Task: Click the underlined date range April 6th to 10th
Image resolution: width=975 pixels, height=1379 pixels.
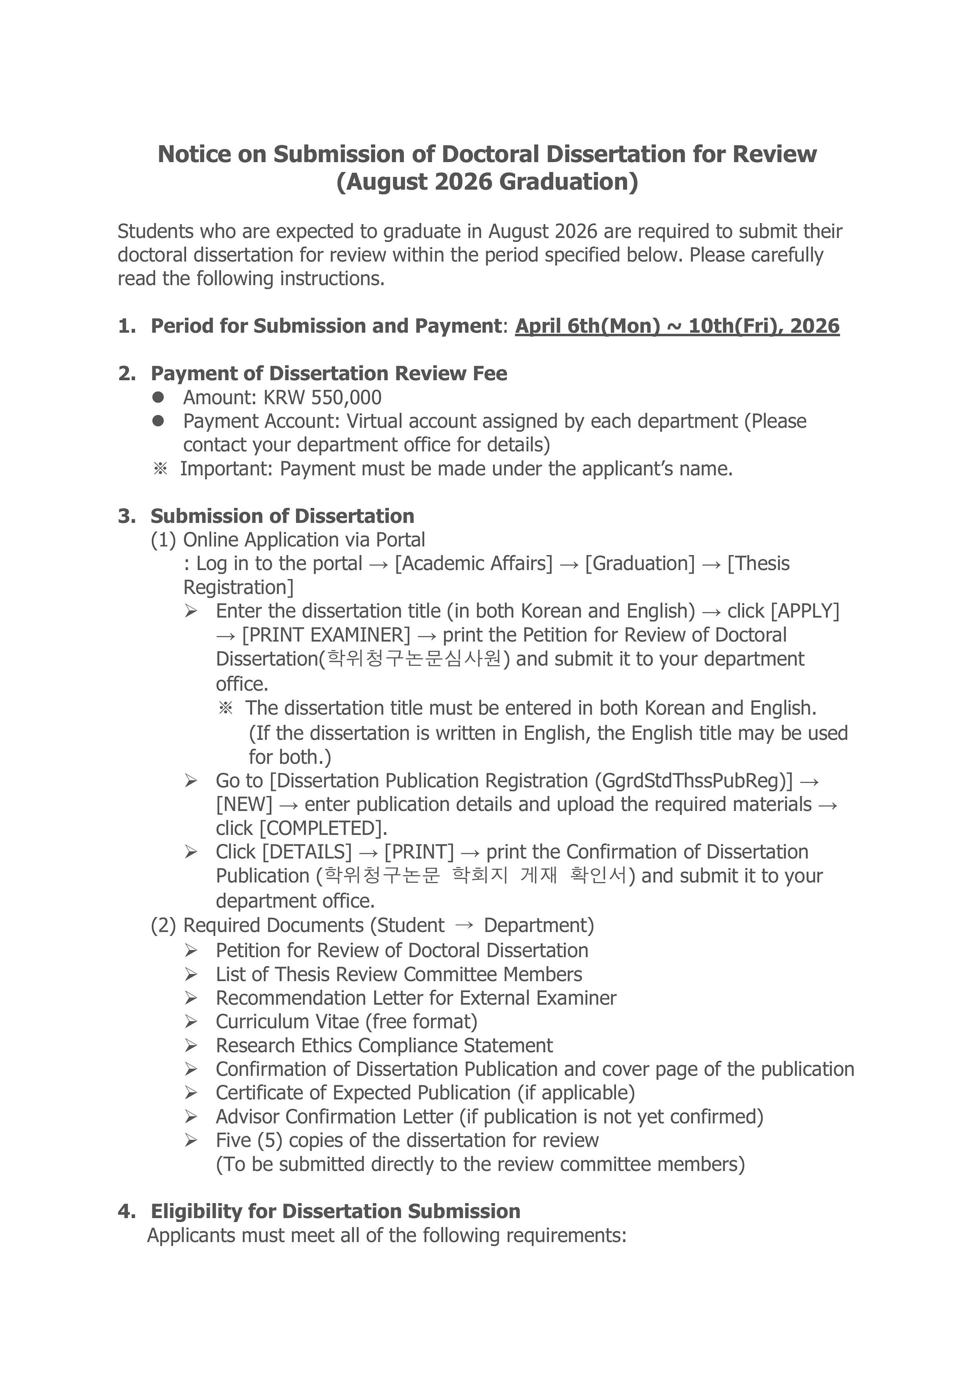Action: point(677,326)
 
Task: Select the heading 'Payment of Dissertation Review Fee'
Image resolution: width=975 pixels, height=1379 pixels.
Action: point(329,373)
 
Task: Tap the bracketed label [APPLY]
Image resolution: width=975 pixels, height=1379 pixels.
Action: point(805,611)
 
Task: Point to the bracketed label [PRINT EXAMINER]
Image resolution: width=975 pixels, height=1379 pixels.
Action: point(326,635)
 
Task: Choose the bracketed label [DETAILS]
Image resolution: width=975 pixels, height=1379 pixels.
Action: point(307,852)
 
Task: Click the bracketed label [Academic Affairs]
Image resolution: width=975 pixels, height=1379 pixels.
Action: point(473,564)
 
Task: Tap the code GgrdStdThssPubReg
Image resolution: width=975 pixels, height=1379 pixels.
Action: point(693,781)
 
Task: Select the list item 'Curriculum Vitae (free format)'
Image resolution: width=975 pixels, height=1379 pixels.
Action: point(347,1021)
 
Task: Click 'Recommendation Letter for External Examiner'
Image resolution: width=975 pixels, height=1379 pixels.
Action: point(416,997)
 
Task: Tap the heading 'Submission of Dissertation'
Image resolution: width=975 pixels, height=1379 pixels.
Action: point(282,516)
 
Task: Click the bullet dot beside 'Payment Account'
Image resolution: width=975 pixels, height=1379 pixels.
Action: point(158,421)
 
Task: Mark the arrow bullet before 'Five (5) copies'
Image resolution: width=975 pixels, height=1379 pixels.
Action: point(191,1140)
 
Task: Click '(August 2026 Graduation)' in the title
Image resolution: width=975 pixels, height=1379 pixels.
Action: point(487,181)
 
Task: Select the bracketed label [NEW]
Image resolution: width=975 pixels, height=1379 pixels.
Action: point(244,804)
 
